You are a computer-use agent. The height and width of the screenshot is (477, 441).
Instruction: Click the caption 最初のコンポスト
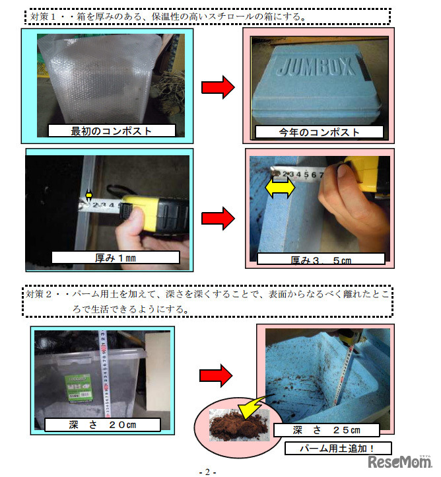(x=111, y=131)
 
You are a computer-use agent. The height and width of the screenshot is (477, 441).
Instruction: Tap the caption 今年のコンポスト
(x=319, y=132)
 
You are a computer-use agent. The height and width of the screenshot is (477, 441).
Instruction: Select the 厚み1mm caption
(x=116, y=258)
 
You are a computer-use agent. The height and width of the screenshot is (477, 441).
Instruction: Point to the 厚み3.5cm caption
(x=321, y=260)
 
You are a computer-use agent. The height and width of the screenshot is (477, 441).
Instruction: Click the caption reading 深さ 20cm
(x=102, y=425)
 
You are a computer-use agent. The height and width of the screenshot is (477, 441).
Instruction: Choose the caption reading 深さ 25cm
(x=326, y=430)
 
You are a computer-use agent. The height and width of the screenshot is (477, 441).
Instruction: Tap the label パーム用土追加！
(x=337, y=449)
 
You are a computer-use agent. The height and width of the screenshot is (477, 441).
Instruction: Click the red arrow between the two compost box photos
(x=219, y=87)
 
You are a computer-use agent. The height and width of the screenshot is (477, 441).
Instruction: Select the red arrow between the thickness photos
(x=219, y=218)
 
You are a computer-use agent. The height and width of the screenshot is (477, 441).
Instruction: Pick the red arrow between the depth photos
(x=216, y=376)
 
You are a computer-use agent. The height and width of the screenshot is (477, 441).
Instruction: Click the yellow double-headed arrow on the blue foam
(x=280, y=188)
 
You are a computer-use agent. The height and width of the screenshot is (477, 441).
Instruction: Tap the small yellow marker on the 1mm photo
(x=88, y=195)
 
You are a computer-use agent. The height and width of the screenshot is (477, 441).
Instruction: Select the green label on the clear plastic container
(x=79, y=388)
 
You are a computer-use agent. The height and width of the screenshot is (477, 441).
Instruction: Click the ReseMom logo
(x=399, y=462)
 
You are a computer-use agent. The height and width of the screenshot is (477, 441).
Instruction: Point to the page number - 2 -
(x=207, y=472)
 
